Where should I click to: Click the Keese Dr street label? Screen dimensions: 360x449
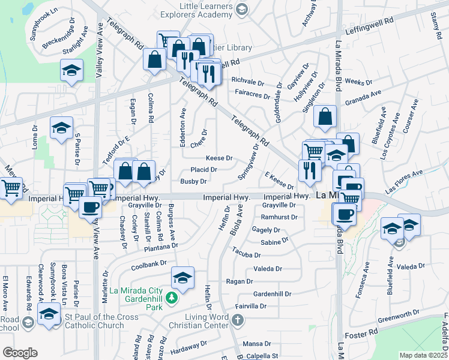[x=219, y=158]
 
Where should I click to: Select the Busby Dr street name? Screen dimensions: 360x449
[x=194, y=181]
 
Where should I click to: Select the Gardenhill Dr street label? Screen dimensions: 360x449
[x=272, y=295]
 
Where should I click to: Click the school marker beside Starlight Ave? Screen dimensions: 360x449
[x=71, y=70]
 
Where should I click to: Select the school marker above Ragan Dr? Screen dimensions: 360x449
[x=182, y=277]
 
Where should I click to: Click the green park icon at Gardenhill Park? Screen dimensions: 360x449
[x=172, y=298]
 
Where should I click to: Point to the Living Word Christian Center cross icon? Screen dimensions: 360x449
[x=238, y=319]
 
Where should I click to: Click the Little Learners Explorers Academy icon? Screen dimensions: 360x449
[x=241, y=9]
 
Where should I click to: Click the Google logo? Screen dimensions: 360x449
[x=20, y=353]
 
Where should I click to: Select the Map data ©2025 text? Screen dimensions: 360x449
[x=423, y=355]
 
